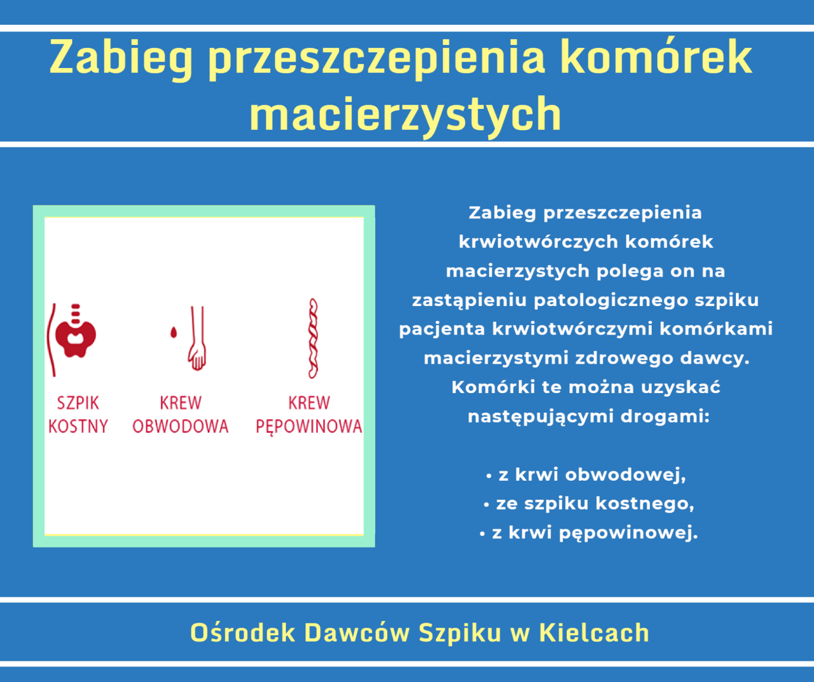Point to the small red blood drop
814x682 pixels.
click(173, 332)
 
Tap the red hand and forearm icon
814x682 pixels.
click(198, 338)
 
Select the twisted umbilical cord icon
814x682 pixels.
click(313, 339)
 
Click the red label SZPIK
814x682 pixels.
click(78, 403)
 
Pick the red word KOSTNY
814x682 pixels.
click(78, 426)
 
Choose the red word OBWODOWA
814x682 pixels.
click(181, 426)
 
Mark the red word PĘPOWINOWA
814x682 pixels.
click(309, 427)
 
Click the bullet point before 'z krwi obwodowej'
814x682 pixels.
click(489, 476)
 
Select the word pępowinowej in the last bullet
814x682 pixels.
click(629, 533)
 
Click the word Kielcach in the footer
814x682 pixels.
click(594, 632)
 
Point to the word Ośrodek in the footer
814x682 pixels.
click(243, 632)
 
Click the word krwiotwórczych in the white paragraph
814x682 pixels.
click(538, 242)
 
